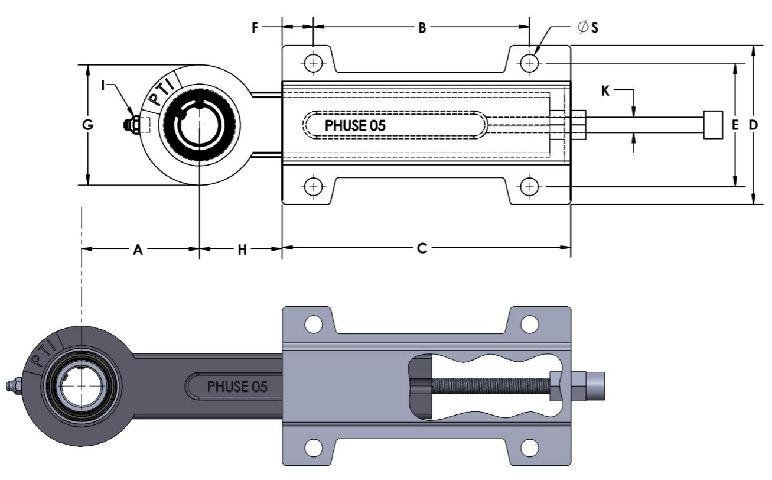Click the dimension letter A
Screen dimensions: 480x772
138,250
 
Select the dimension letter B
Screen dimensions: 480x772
422,28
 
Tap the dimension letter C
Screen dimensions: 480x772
422,249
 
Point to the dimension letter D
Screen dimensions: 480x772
753,125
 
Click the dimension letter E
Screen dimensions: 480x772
735,125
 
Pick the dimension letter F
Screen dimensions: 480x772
255,28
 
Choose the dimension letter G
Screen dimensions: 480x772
87,125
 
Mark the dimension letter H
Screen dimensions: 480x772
242,250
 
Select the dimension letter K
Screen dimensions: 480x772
605,91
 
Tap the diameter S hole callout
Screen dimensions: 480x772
588,27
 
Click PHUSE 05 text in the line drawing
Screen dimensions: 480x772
356,125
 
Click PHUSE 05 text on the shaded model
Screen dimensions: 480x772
237,387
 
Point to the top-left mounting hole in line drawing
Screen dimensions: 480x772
313,62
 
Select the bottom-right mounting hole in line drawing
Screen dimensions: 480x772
530,187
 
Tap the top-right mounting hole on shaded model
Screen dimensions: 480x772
530,323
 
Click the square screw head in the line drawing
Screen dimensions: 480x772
713,125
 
